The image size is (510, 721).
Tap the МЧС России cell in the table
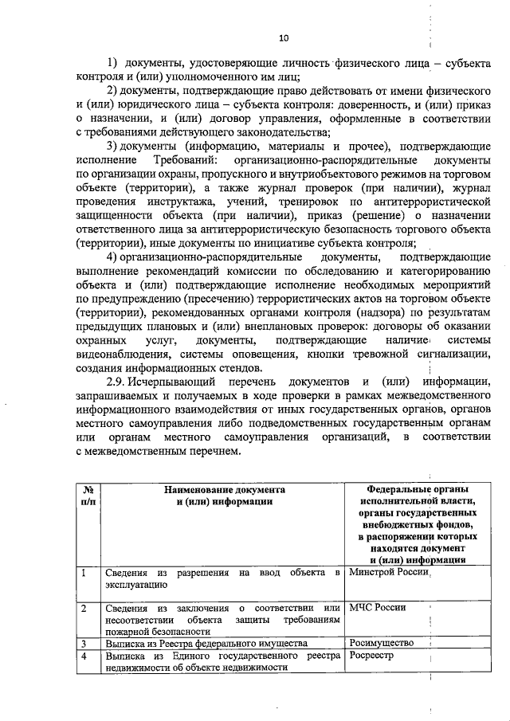(x=378, y=608)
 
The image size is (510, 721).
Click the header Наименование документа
(x=225, y=489)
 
